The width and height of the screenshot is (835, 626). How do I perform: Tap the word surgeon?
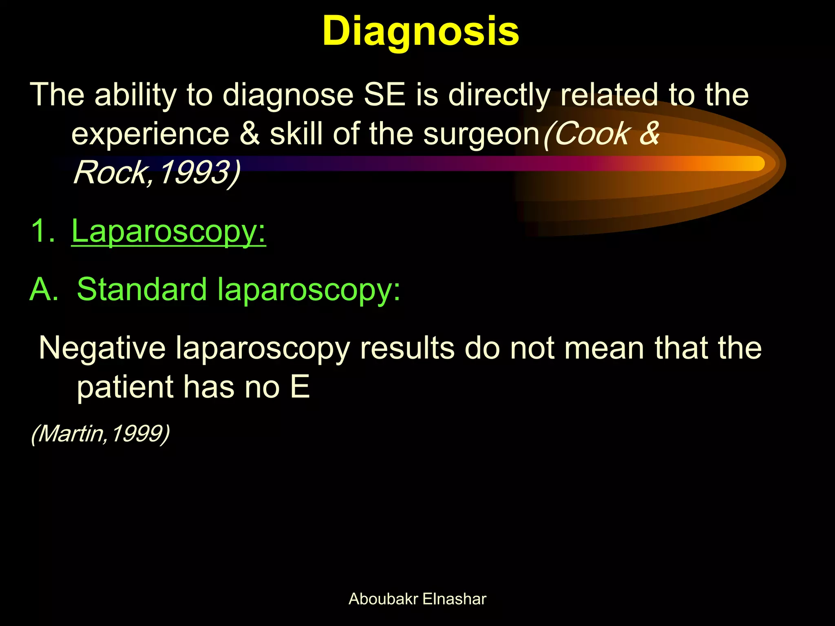481,134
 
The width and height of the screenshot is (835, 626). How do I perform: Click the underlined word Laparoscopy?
168,231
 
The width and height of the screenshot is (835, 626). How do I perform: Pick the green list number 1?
42,231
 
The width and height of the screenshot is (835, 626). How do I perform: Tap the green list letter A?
44,289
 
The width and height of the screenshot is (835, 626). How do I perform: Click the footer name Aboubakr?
383,599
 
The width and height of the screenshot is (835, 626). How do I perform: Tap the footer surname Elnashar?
454,599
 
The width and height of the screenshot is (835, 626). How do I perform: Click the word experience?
150,134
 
